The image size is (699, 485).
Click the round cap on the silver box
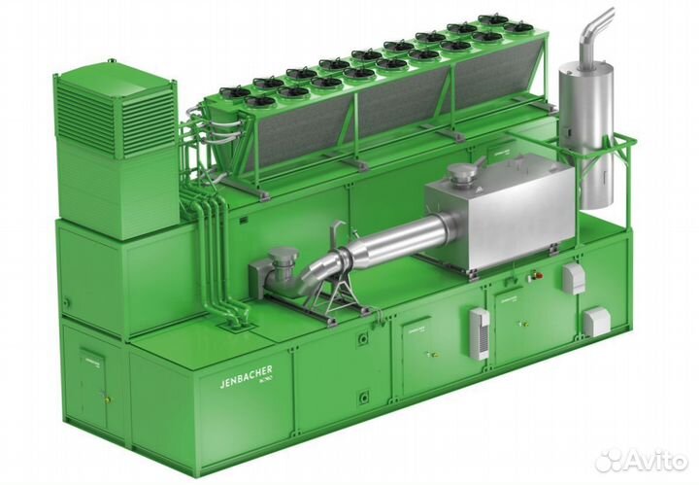tap(460, 176)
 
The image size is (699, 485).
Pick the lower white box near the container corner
tap(596, 320)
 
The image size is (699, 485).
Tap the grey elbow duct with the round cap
tap(282, 266)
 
